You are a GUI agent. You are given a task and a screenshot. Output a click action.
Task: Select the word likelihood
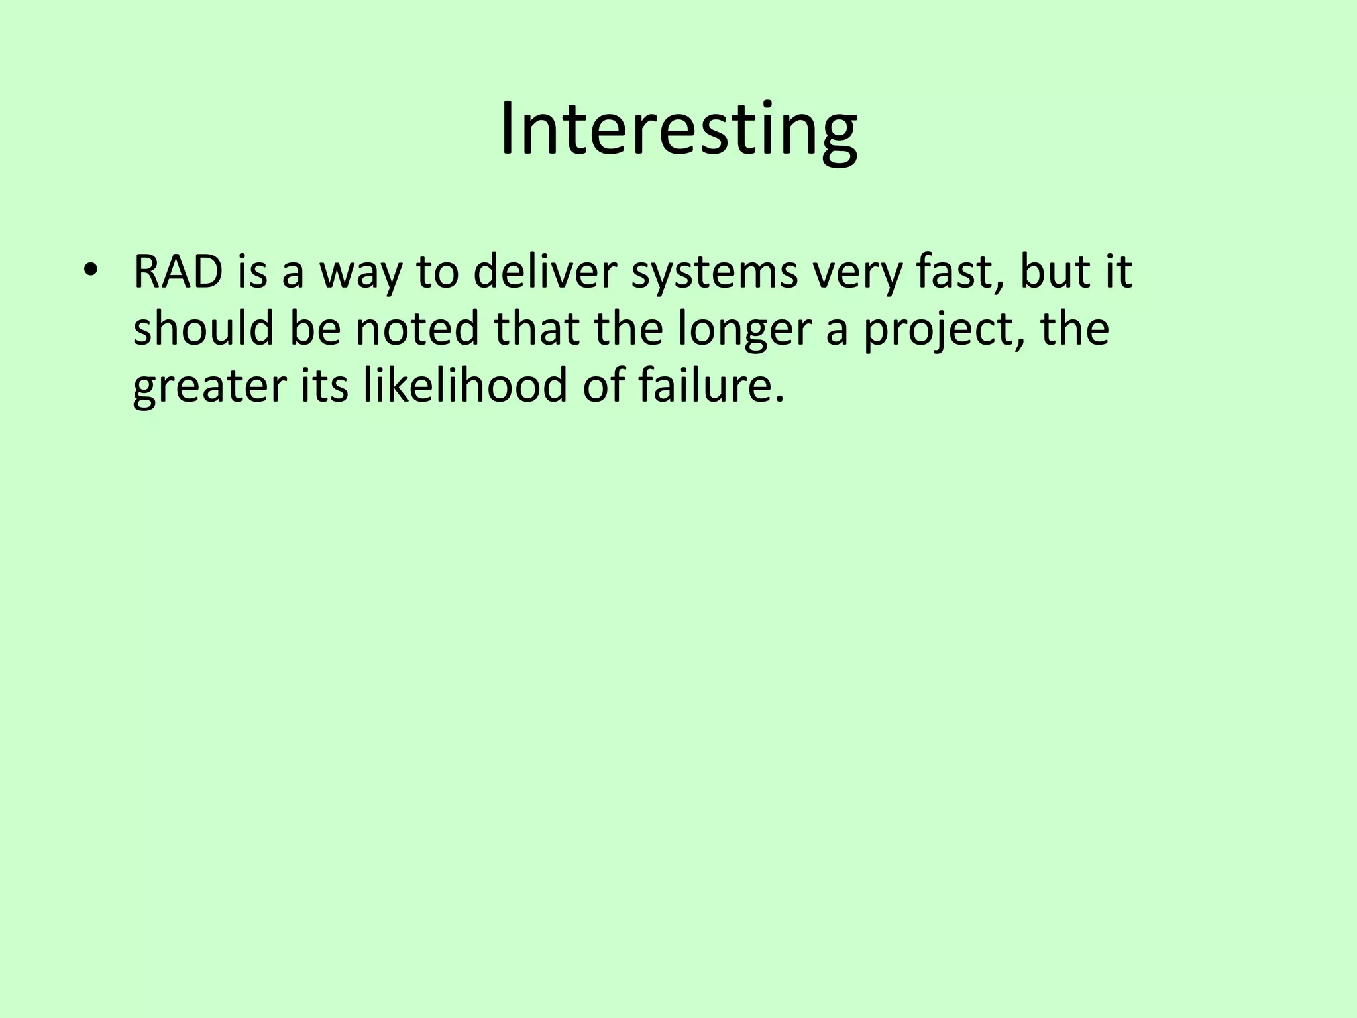tap(465, 386)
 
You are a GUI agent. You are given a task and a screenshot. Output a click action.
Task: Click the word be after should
tap(315, 329)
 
